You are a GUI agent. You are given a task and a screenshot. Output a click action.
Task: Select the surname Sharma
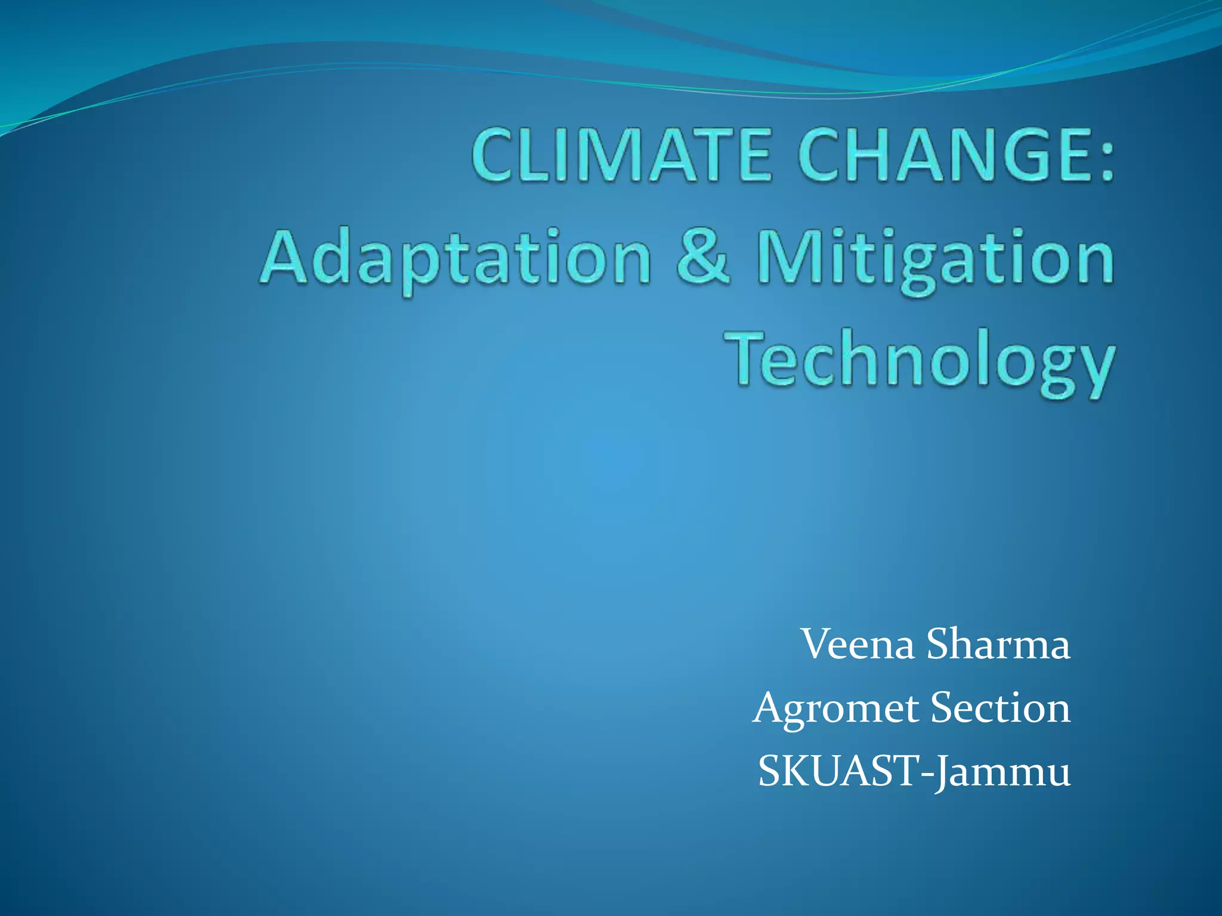[998, 645]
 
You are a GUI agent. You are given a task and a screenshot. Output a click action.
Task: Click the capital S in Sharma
[939, 645]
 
